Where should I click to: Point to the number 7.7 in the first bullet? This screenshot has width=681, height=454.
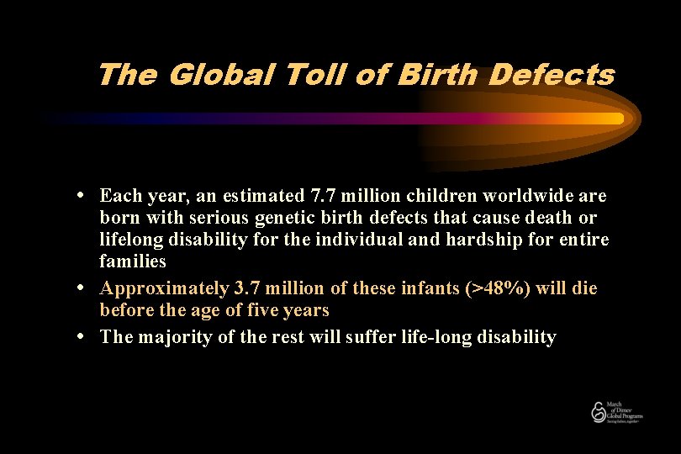pyautogui.click(x=324, y=196)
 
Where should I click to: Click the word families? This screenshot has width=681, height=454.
pyautogui.click(x=133, y=261)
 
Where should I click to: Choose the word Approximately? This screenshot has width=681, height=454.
pyautogui.click(x=162, y=288)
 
